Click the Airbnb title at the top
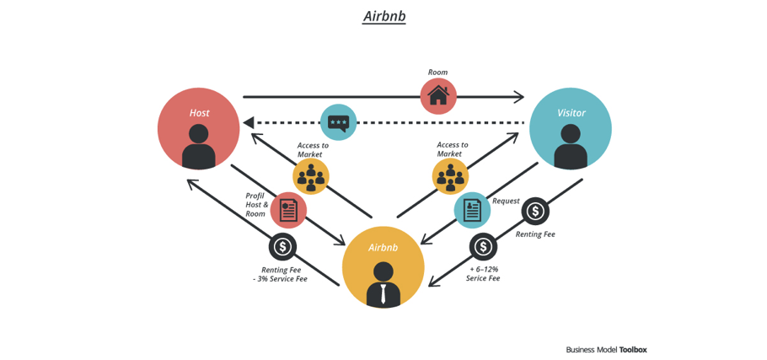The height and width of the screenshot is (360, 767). [x=383, y=16]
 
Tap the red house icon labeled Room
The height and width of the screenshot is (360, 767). [x=438, y=96]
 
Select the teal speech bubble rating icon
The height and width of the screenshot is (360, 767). [x=338, y=123]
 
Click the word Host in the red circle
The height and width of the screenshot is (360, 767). [x=199, y=113]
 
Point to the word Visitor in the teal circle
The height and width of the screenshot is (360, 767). [x=571, y=113]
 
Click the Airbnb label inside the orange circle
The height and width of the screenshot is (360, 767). [x=383, y=248]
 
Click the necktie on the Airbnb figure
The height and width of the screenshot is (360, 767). [x=383, y=293]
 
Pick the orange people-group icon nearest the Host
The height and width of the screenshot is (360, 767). [x=311, y=177]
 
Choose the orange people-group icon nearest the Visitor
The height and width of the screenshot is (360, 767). [x=450, y=177]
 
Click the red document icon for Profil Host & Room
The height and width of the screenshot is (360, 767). [x=288, y=210]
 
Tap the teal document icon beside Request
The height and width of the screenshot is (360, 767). [x=472, y=210]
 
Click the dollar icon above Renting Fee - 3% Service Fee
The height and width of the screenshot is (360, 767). [x=282, y=247]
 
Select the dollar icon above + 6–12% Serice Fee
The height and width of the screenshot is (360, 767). [x=483, y=246]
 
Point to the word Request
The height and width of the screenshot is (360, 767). [x=506, y=201]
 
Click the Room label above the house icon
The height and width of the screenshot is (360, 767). [x=437, y=73]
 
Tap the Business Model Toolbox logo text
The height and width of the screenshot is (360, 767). [x=606, y=349]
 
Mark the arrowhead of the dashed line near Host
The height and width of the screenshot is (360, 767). [x=249, y=123]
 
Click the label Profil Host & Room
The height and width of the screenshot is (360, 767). [x=256, y=205]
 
